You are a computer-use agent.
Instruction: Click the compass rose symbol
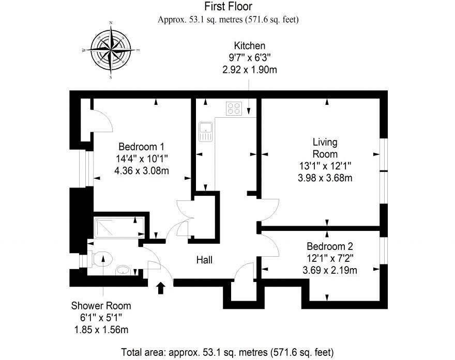111,50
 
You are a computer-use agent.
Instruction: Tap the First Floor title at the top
228,7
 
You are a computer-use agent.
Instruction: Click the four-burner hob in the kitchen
234,108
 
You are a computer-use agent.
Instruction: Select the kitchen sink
205,132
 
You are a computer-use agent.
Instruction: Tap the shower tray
118,227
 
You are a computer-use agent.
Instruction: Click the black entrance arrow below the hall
161,287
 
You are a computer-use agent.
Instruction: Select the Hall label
204,260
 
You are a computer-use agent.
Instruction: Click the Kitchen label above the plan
249,46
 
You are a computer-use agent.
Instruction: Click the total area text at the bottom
228,353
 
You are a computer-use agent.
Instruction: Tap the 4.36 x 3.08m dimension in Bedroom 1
141,170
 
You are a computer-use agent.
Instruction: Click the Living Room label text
325,148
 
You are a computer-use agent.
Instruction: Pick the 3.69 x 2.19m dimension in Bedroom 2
330,270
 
